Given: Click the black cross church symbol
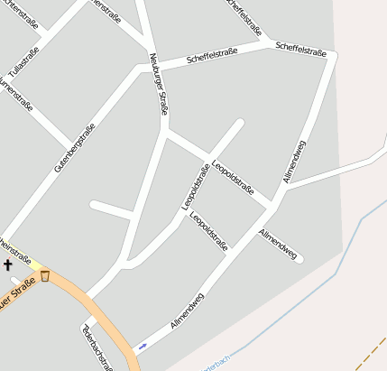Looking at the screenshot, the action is (8, 265).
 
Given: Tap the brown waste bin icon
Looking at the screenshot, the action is (45, 275).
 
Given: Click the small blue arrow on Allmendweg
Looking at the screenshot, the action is (142, 346).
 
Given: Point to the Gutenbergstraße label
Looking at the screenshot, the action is (74, 146).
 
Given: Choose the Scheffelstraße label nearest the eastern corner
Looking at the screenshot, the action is (301, 48).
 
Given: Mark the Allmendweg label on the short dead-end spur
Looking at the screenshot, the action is (278, 245).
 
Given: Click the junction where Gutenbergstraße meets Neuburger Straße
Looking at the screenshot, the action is (143, 66).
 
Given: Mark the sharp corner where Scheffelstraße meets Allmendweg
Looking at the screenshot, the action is (334, 57).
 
